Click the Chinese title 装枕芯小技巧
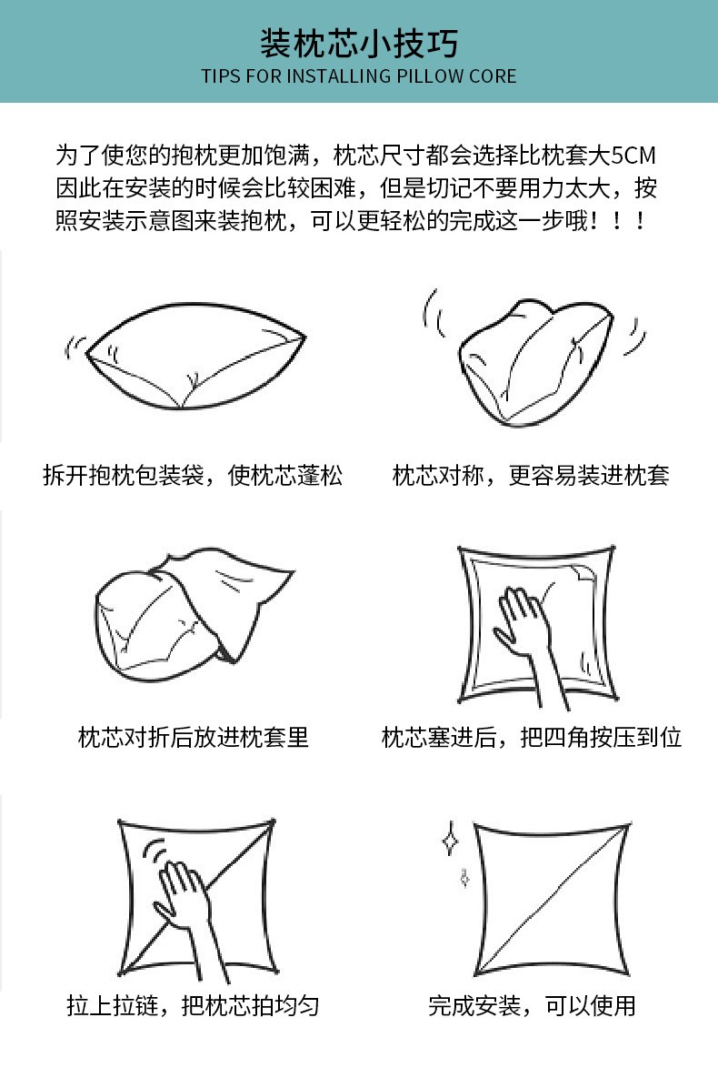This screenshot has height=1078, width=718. tap(359, 43)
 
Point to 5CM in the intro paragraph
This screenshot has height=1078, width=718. tap(633, 156)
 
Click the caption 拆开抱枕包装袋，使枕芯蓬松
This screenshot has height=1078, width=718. tap(193, 475)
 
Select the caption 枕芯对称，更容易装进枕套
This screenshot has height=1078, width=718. tap(531, 475)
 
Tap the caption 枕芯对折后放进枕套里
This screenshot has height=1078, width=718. tap(193, 737)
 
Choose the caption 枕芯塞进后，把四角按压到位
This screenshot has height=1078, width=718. tap(531, 737)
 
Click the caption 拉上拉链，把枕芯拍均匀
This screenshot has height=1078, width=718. tap(193, 1005)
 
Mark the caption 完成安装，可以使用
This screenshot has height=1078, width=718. tap(531, 1005)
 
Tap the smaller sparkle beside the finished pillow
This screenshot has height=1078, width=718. tap(464, 878)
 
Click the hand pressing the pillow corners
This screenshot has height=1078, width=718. tap(533, 643)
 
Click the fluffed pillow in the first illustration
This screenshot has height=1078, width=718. tap(195, 356)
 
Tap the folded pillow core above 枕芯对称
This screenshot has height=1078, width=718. tap(536, 361)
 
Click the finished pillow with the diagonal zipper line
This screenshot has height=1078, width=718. tap(552, 899)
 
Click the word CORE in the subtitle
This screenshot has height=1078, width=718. tap(493, 76)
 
